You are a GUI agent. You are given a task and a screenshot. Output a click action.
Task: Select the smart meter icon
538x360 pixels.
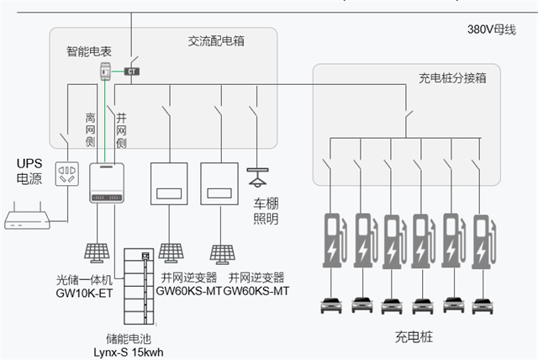(x=106, y=71)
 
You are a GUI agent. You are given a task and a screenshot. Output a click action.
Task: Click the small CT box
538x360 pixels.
(x=132, y=71)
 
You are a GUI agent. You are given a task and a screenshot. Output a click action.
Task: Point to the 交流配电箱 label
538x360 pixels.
(x=216, y=40)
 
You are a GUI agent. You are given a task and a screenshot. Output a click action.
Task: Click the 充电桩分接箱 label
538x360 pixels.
(x=452, y=78)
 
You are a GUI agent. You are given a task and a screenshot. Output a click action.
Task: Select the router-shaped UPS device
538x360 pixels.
(x=29, y=221)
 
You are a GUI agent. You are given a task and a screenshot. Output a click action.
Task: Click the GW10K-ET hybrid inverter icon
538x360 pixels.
(x=107, y=183)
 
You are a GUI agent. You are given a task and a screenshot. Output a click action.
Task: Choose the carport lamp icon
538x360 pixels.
(x=258, y=179)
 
